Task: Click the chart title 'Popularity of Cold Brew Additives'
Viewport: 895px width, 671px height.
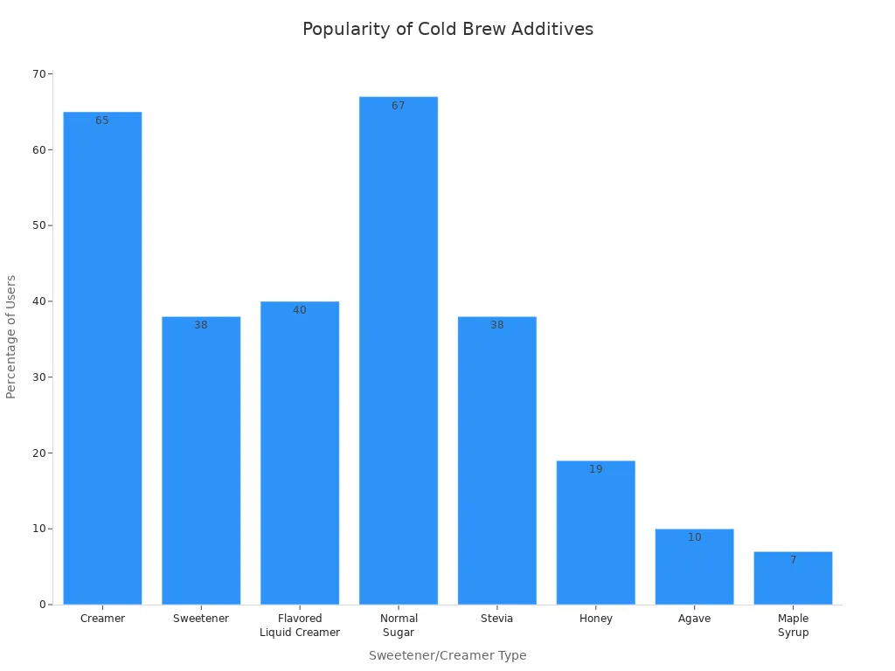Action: tap(447, 30)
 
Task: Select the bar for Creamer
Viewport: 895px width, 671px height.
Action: tap(102, 358)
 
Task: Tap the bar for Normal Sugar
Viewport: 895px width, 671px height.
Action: tap(399, 349)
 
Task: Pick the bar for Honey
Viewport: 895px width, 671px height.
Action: tap(596, 532)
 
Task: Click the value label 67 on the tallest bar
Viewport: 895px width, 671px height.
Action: tap(399, 106)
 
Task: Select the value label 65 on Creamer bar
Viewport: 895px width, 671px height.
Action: tap(102, 121)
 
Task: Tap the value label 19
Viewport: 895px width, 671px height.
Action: tap(596, 469)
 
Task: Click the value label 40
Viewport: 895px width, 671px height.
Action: tap(300, 310)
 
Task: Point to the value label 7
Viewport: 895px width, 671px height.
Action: tap(793, 560)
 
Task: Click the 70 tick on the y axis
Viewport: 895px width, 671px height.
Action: tap(39, 74)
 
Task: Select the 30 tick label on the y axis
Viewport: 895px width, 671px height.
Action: tap(39, 377)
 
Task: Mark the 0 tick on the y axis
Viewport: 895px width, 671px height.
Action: tap(42, 605)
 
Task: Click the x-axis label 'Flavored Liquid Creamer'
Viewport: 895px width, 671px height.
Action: tap(300, 626)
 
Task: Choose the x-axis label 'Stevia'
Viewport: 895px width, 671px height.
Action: tap(497, 619)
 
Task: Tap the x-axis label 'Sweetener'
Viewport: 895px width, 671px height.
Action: tap(201, 619)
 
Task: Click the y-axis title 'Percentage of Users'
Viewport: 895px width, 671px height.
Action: tap(12, 336)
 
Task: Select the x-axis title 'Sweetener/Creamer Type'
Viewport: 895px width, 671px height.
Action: tap(447, 655)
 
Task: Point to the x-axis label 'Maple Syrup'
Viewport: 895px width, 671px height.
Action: tap(793, 626)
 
